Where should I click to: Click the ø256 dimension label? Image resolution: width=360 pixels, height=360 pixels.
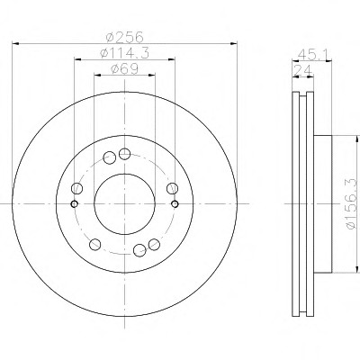click(125, 37)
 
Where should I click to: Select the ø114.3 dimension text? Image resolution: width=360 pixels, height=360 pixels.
click(124, 53)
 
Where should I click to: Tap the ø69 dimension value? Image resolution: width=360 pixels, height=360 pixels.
click(124, 69)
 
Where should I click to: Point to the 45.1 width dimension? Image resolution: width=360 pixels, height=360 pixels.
click(314, 55)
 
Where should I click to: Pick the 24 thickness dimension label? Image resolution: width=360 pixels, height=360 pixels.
click(302, 71)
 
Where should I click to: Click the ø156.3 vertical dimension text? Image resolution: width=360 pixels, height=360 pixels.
click(352, 204)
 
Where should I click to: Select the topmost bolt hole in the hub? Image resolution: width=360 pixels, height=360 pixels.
click(124, 154)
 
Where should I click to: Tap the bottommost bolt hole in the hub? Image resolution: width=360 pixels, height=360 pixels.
click(139, 250)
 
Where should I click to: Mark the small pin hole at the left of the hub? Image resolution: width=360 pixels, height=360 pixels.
click(75, 204)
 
